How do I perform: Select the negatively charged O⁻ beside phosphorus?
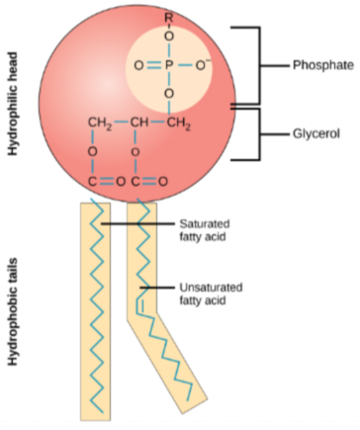click(205, 65)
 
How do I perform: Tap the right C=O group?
click(147, 182)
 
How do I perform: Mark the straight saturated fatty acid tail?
click(97, 306)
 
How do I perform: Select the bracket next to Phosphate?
click(259, 65)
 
